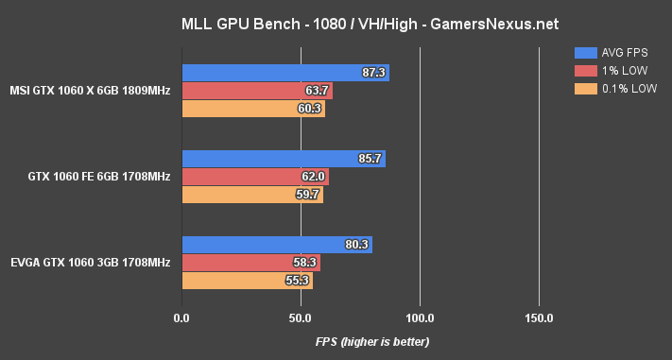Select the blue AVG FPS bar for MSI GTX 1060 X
[284, 73]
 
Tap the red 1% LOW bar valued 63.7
[256, 91]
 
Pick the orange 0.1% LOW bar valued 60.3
[252, 108]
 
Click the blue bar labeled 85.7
[283, 159]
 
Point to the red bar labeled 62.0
[254, 176]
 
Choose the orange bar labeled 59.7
[251, 194]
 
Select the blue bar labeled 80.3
[276, 245]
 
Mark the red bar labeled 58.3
[250, 263]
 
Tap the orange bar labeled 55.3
[247, 280]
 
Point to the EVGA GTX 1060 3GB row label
[91, 262]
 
